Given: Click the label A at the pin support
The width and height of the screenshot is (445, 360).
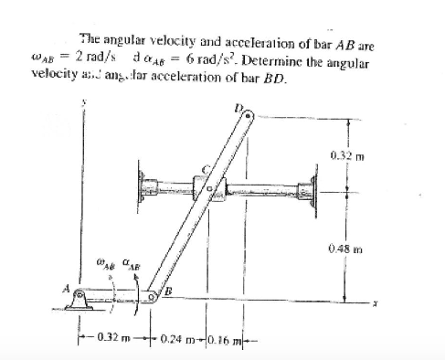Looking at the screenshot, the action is [x=65, y=290].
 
